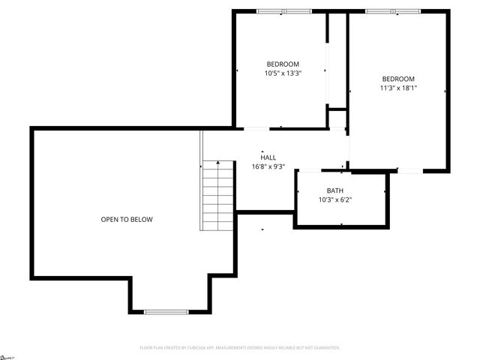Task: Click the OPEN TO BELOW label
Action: pyautogui.click(x=127, y=220)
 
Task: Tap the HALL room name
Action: pyautogui.click(x=268, y=157)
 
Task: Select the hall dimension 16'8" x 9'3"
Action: pyautogui.click(x=268, y=166)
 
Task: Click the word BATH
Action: pyautogui.click(x=334, y=190)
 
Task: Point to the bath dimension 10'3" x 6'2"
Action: pyautogui.click(x=334, y=199)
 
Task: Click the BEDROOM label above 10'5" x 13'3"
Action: pyautogui.click(x=283, y=64)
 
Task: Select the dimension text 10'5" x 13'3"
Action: pyautogui.click(x=283, y=73)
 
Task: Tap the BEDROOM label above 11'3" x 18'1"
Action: pyautogui.click(x=398, y=79)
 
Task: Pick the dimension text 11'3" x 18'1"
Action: pyautogui.click(x=398, y=88)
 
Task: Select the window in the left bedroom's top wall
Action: pyautogui.click(x=283, y=11)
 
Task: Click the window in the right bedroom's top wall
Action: pyautogui.click(x=393, y=11)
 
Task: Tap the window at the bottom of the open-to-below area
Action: pyautogui.click(x=166, y=311)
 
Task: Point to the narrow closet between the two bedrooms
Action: pyautogui.click(x=337, y=60)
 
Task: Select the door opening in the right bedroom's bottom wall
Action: pyautogui.click(x=409, y=171)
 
